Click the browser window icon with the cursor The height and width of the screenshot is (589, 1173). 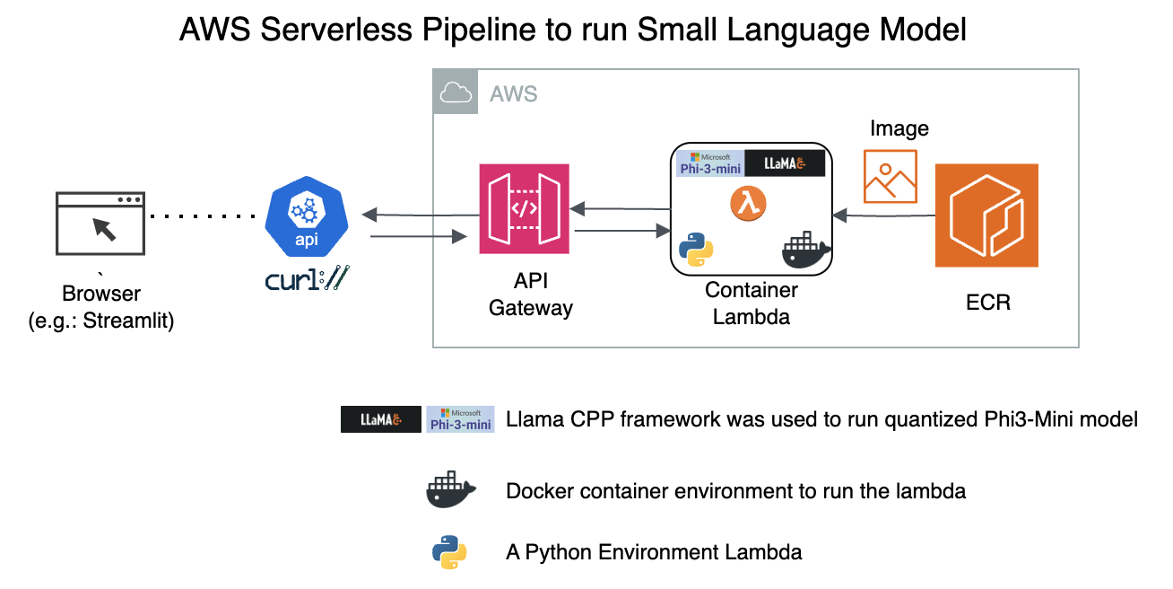(100, 222)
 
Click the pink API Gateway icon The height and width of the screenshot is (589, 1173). (524, 208)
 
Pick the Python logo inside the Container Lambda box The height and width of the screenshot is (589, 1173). (697, 251)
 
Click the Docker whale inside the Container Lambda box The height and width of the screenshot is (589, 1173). (806, 251)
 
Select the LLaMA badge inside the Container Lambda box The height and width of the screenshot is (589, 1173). (784, 163)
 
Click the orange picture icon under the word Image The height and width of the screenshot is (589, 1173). (890, 176)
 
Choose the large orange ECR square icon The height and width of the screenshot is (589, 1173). (986, 215)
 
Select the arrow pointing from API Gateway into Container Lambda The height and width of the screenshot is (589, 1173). (623, 233)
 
